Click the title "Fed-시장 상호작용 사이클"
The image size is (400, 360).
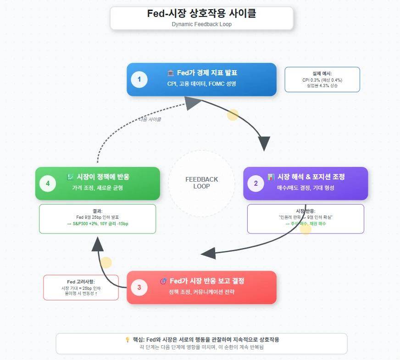tap(201, 14)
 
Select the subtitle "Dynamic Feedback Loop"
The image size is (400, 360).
tap(201, 24)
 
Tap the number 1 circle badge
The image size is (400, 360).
tap(139, 80)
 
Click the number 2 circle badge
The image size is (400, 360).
tap(256, 183)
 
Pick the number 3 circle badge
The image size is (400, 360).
tap(139, 288)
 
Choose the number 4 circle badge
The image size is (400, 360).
tap(47, 183)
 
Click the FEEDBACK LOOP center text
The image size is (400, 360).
tap(201, 183)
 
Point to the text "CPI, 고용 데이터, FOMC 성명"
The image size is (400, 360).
tap(202, 84)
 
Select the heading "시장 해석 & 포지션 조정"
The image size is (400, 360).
tap(311, 177)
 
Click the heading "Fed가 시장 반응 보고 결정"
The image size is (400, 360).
tap(206, 281)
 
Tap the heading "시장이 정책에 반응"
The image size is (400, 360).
tap(102, 177)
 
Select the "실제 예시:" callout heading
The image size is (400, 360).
tap(322, 73)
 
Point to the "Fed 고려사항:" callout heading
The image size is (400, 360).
tap(81, 282)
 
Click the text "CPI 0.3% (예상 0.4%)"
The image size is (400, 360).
tap(322, 80)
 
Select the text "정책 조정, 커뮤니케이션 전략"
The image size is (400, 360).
tap(201, 292)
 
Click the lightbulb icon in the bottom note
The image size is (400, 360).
tap(128, 340)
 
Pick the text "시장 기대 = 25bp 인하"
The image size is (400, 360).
tap(81, 288)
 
